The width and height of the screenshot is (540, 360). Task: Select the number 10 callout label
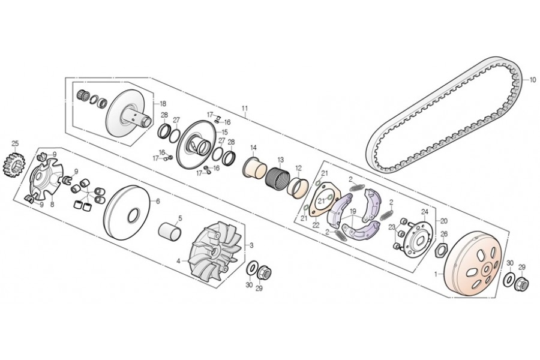pyautogui.click(x=532, y=79)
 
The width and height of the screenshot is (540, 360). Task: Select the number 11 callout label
pyautogui.click(x=245, y=109)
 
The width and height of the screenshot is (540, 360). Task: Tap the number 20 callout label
pyautogui.click(x=444, y=220)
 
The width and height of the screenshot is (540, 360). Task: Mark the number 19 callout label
pyautogui.click(x=353, y=211)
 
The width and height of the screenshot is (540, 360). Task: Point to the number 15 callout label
pyautogui.click(x=225, y=132)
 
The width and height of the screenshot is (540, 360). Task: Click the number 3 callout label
pyautogui.click(x=251, y=245)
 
